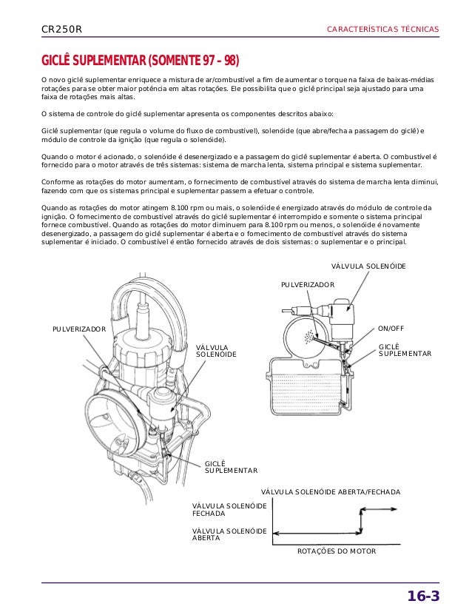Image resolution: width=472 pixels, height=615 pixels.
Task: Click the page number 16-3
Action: (x=424, y=596)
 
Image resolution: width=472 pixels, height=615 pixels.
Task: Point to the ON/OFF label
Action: (x=392, y=328)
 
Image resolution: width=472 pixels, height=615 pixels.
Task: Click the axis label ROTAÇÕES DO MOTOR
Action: (x=337, y=552)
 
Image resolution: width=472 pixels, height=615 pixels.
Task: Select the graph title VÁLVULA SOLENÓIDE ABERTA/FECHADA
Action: (x=331, y=491)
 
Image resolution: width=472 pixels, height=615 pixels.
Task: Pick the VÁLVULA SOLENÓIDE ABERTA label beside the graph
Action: (x=229, y=534)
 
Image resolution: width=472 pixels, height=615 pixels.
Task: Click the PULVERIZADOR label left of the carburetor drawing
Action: (x=78, y=329)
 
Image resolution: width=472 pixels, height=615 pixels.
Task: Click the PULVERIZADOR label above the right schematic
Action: (x=308, y=284)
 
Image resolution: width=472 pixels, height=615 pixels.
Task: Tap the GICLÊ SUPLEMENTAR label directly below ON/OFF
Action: (x=405, y=350)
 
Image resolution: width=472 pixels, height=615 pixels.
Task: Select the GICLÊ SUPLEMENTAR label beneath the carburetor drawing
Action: (x=230, y=466)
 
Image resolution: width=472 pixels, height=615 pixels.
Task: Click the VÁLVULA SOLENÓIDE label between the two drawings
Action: (x=216, y=351)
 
